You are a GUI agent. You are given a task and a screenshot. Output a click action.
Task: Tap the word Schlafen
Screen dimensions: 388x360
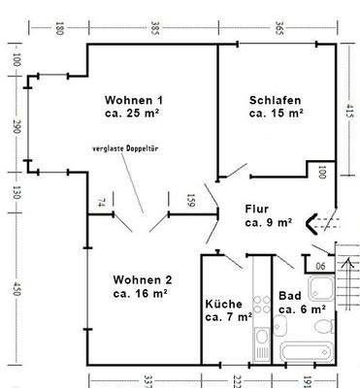(275, 99)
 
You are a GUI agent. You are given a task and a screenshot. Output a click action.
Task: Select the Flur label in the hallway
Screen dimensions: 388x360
(255, 208)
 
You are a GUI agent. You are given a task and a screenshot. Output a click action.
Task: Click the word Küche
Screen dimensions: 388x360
(223, 303)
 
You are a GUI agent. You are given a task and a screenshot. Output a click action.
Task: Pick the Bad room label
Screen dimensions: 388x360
(288, 296)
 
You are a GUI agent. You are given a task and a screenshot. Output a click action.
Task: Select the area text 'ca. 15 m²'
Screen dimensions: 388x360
(277, 113)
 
